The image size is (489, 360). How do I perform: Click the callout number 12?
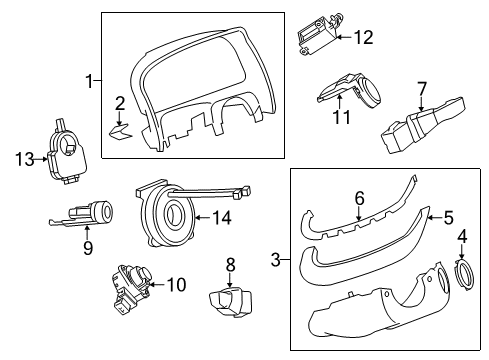pyautogui.click(x=362, y=38)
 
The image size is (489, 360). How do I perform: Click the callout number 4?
pyautogui.click(x=462, y=237)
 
